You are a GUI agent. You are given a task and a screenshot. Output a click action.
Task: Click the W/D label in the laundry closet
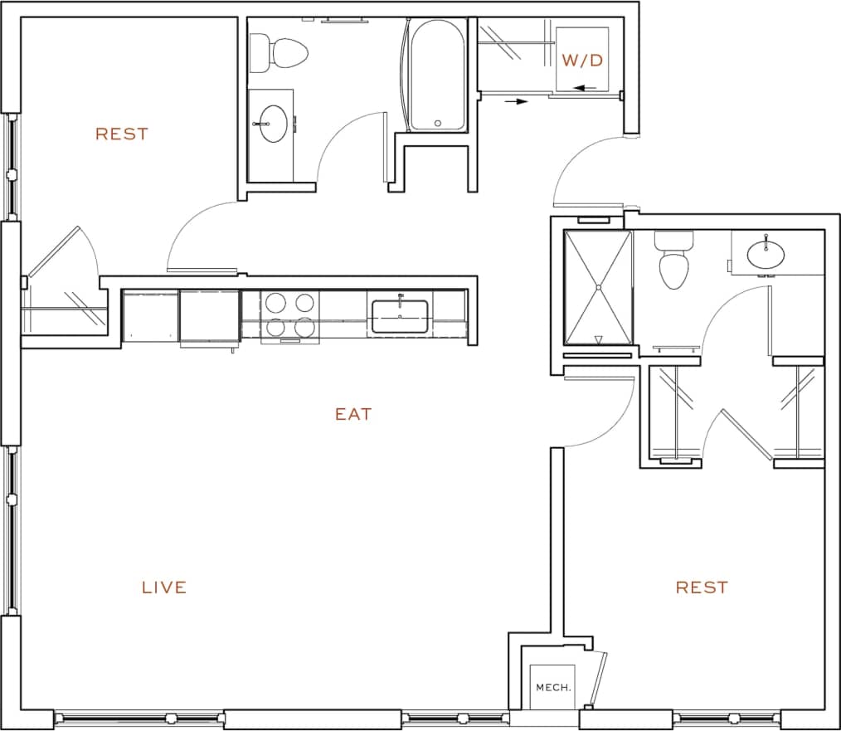pos(581,61)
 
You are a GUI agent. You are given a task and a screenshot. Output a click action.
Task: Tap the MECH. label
pos(552,687)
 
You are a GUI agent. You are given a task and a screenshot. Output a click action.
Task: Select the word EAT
pos(353,413)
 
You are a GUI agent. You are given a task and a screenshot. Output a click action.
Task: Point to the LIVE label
pos(164,587)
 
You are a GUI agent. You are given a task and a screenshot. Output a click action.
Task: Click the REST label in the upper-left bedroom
pos(122,134)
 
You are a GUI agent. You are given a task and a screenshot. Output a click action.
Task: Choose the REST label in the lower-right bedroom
pos(702,587)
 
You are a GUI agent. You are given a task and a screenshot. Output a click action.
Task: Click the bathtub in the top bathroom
pos(437,76)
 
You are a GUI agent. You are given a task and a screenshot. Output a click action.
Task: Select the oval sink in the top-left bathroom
pos(271,124)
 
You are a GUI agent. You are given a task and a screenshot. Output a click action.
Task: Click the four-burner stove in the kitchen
pos(289,315)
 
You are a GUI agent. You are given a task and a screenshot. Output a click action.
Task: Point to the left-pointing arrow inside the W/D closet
pos(585,87)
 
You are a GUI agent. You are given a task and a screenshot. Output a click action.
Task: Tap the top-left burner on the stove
pos(275,302)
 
